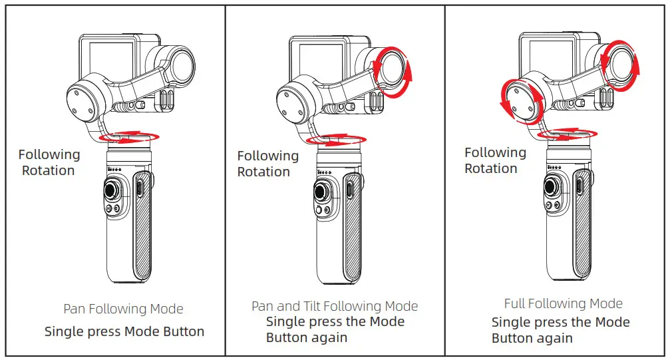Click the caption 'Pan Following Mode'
(123, 309)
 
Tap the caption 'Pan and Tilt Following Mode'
(335, 306)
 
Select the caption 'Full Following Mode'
(563, 303)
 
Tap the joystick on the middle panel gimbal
(323, 196)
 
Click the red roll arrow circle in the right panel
(522, 102)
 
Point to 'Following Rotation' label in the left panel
(49, 162)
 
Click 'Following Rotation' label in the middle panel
(267, 164)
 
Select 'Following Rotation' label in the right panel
(494, 160)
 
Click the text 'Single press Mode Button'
(124, 331)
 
